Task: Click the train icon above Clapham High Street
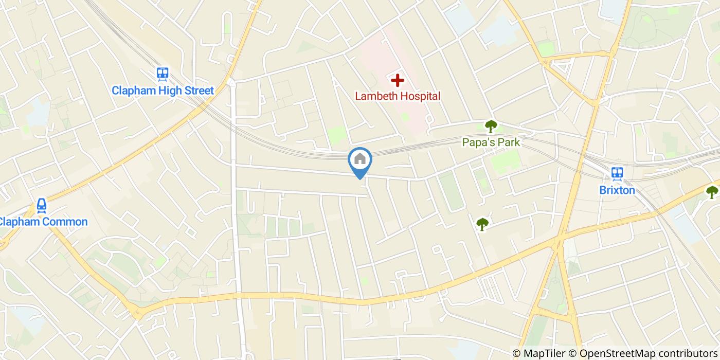pos(163,75)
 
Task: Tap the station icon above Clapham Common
pos(42,206)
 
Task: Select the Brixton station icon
pos(617,174)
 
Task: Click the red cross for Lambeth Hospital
pos(397,80)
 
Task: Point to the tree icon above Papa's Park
pos(491,125)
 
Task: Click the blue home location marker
pos(360,159)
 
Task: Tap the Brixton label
pos(617,190)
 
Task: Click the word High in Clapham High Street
pos(166,91)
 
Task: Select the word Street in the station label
pos(197,91)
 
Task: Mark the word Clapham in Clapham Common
pos(20,222)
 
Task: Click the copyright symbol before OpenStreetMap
pos(573,353)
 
